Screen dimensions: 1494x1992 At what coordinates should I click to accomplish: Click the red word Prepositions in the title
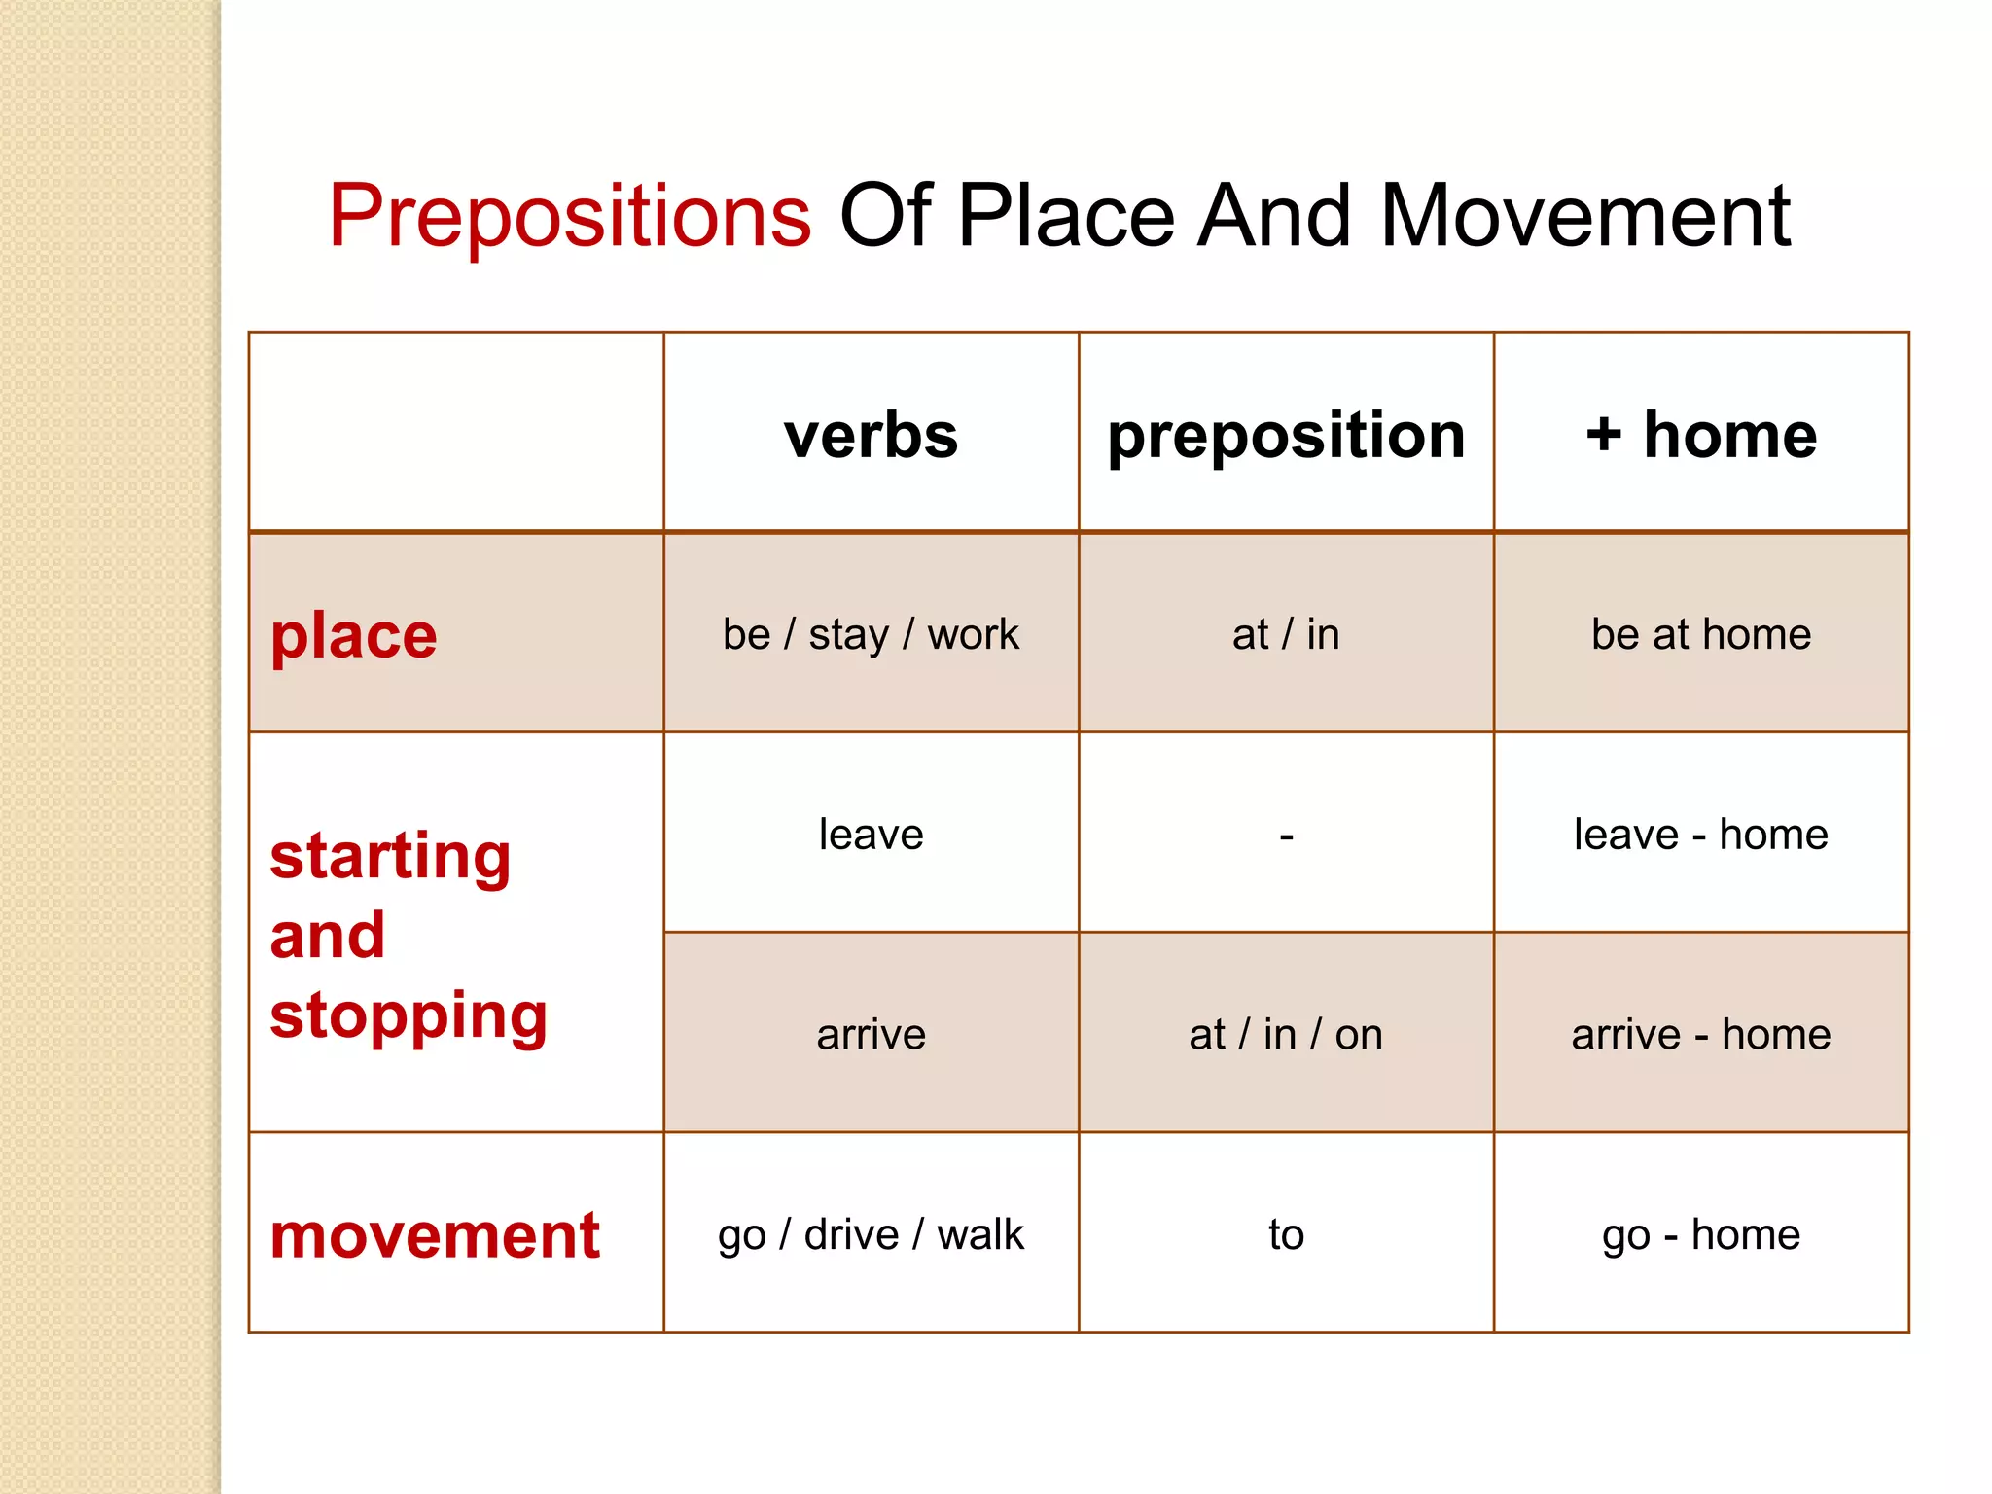570,216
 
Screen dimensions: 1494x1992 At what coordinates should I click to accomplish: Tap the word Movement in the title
1584,216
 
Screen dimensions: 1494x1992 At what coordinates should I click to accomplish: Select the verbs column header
871,435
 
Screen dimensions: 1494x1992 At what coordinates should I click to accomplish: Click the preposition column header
1286,435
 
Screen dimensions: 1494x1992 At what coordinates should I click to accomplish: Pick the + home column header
1701,435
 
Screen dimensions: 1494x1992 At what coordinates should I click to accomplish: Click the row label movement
435,1236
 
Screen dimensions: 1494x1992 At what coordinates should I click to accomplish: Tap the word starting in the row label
390,858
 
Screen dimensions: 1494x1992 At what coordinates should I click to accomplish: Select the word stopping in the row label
409,1016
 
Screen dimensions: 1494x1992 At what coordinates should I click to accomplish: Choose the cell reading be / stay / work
871,635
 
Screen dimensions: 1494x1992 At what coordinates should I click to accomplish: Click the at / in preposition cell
1286,635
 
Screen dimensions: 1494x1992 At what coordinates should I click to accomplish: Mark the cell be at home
1701,635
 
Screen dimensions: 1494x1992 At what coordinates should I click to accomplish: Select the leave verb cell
871,835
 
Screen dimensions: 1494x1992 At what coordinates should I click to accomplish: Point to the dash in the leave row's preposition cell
1286,836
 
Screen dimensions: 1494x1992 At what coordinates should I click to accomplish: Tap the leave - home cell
1701,835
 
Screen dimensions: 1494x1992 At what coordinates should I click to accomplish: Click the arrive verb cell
871,1035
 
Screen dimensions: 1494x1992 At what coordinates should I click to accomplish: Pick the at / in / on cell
1286,1035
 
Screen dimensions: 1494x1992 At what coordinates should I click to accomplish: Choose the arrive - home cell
1701,1035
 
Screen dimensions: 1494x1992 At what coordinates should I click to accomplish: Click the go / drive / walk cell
871,1235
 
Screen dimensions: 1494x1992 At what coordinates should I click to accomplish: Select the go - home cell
1701,1235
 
